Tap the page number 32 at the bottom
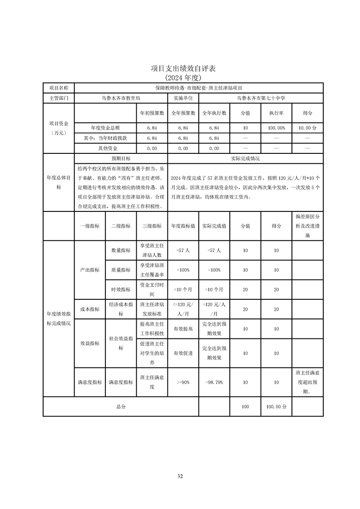[180, 476]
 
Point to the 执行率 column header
[276, 113]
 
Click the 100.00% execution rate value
[276, 128]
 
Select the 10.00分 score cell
[307, 128]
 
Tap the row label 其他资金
[108, 148]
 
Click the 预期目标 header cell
[121, 159]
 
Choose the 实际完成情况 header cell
[245, 159]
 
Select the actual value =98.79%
[214, 382]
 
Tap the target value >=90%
[183, 382]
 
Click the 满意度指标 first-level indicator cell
[90, 382]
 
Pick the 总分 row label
[121, 407]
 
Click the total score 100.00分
[276, 407]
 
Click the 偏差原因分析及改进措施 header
[307, 226]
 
